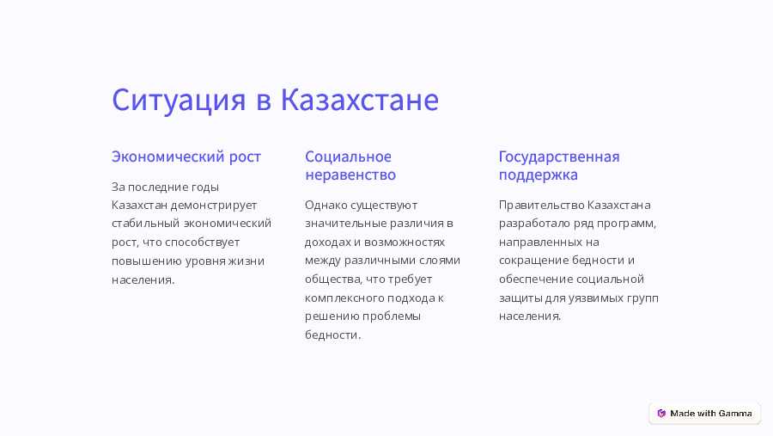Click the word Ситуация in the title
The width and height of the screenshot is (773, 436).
pos(179,101)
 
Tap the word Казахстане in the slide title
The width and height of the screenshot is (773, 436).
pos(359,99)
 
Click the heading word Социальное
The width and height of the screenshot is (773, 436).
pos(348,157)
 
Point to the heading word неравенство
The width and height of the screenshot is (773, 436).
pos(350,175)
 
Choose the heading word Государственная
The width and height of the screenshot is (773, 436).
pos(559,157)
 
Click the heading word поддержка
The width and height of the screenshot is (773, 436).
pos(539,175)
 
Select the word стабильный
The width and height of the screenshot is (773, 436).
pos(145,224)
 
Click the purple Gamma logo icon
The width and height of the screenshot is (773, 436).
pos(661,414)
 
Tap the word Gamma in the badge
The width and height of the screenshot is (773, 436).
pos(735,414)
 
